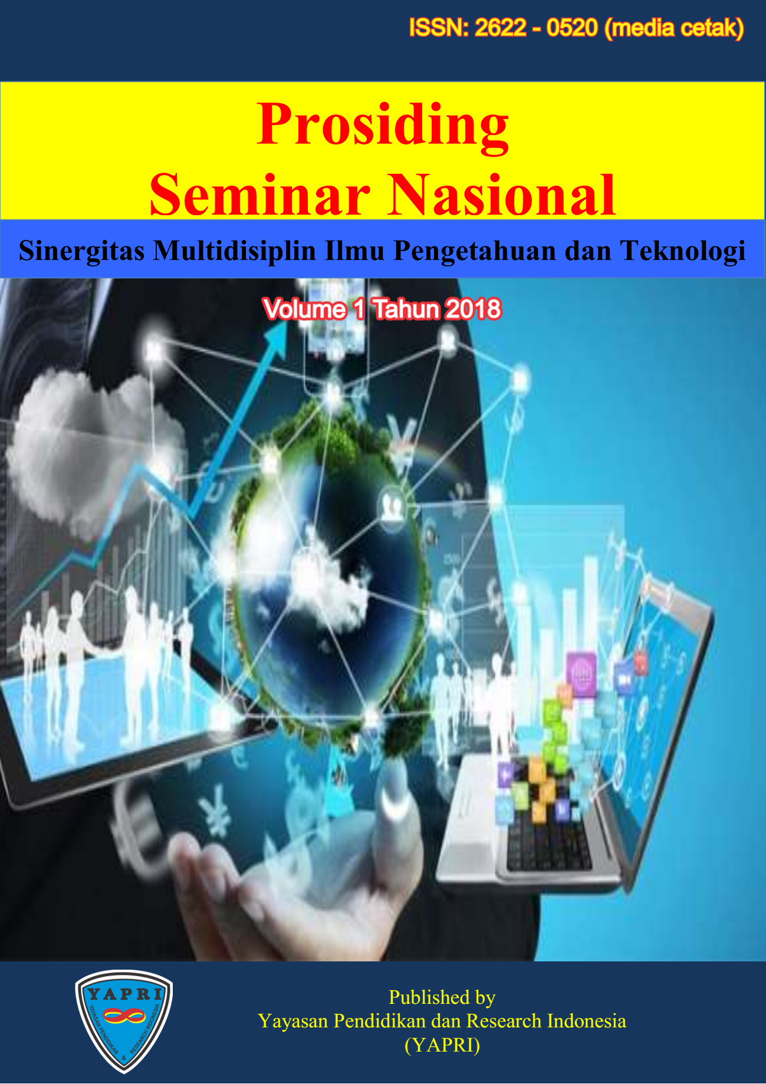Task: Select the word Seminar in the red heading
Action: [x=260, y=195]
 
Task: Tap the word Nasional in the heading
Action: [x=501, y=195]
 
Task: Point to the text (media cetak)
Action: [x=675, y=28]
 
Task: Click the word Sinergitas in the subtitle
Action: [x=82, y=251]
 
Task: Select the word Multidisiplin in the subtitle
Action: [x=235, y=251]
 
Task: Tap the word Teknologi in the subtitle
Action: [x=682, y=251]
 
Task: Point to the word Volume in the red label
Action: [x=304, y=309]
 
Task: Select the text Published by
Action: [x=442, y=997]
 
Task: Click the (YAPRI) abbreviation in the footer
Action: [x=442, y=1045]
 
